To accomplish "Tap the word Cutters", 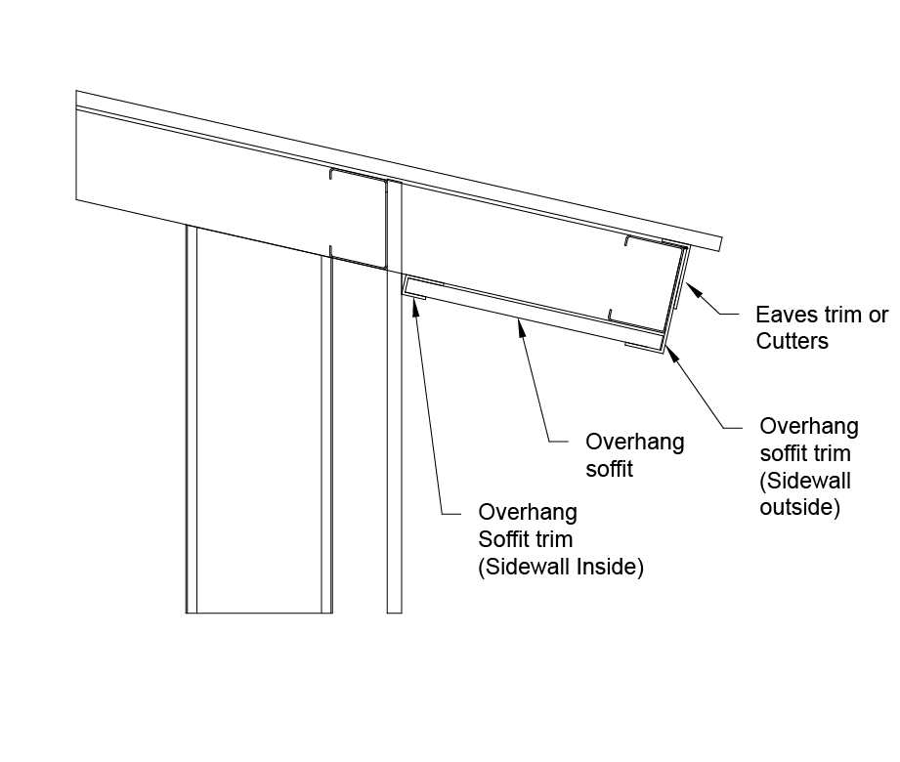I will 793,341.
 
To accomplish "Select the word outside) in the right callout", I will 800,508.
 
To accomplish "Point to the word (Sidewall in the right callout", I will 805,481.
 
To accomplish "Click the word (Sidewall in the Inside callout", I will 518,568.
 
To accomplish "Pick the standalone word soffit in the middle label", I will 610,469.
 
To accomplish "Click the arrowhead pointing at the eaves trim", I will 690,286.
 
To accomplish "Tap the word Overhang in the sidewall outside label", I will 809,426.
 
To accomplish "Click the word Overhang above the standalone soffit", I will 634,442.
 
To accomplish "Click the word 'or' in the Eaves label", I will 879,316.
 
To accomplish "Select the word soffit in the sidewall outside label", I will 784,453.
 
